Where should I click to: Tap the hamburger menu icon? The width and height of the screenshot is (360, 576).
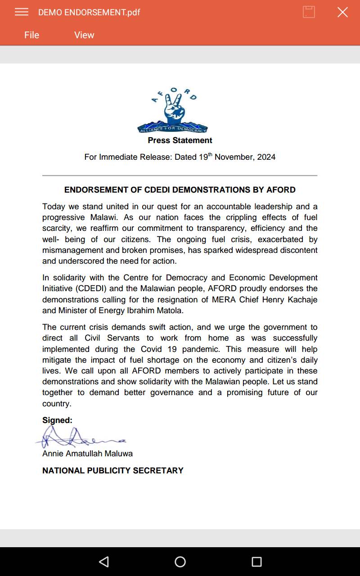pos(22,12)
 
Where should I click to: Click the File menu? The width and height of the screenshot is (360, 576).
pos(31,35)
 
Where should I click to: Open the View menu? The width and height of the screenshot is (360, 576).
pos(84,35)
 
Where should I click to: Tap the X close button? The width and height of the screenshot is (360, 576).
pos(342,12)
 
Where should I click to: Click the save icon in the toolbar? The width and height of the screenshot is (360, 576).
pos(309,12)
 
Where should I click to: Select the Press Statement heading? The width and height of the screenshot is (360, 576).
pos(180,140)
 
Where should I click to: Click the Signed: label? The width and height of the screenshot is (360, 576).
pos(57,420)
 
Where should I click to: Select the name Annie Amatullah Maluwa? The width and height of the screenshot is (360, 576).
pos(87,454)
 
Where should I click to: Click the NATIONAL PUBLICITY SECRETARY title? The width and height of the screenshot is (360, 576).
pos(113,471)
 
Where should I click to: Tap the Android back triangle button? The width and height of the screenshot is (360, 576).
pos(104,562)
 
